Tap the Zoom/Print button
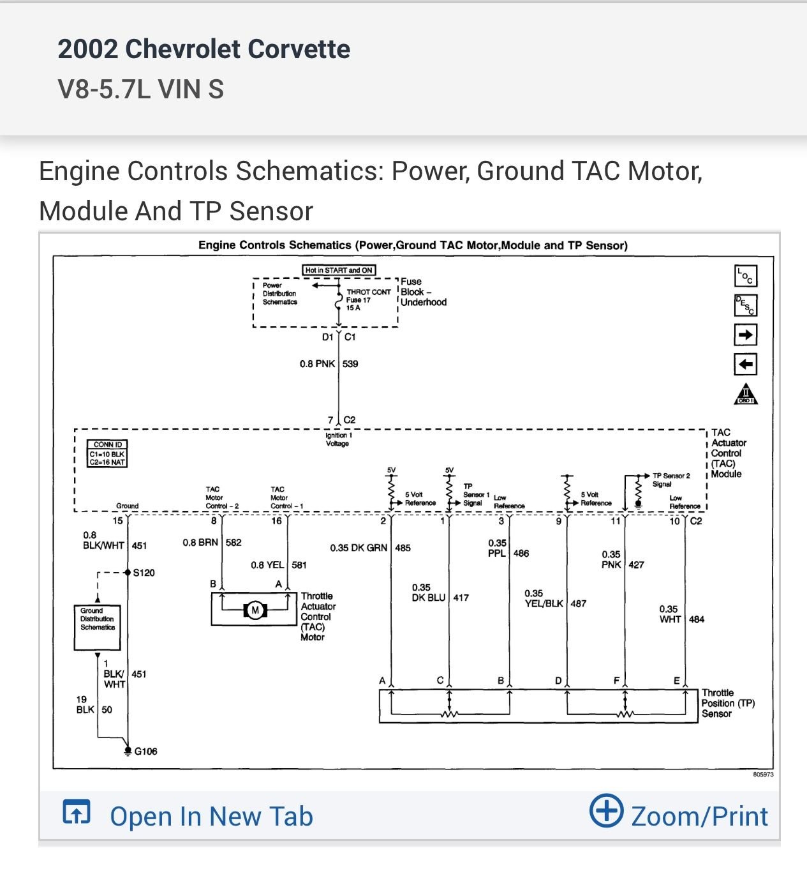(679, 815)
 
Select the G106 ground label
(145, 752)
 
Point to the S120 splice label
(144, 573)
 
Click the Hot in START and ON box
(339, 270)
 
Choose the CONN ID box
(108, 453)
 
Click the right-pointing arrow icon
(745, 335)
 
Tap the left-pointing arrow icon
(745, 365)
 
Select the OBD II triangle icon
(745, 394)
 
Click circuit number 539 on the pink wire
(350, 364)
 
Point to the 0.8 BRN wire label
(200, 543)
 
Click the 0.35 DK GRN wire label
(359, 548)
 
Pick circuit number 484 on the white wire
(697, 619)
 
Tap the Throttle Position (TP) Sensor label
(728, 703)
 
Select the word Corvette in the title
(299, 49)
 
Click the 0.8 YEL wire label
(267, 565)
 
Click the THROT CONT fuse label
(368, 292)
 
